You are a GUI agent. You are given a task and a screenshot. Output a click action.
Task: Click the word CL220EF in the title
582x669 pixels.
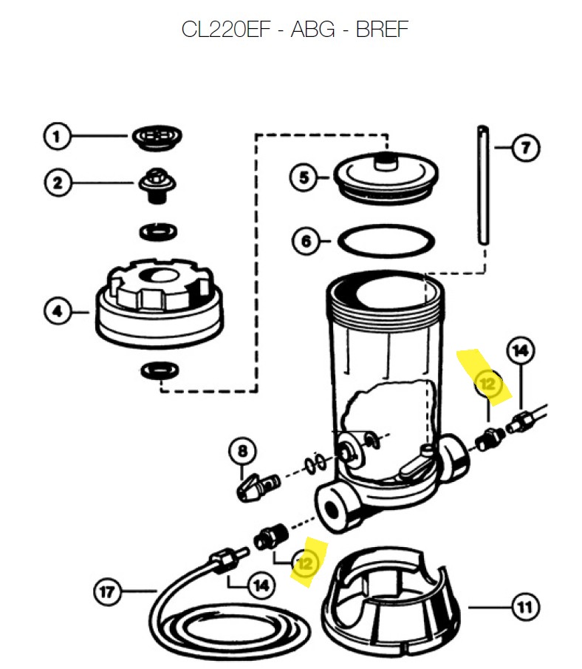tap(226, 30)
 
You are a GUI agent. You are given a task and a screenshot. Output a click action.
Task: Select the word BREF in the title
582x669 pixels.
tap(382, 30)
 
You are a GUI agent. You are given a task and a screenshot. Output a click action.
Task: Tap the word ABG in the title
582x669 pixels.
tap(313, 30)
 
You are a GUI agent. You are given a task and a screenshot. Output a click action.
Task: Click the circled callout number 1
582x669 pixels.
tap(56, 137)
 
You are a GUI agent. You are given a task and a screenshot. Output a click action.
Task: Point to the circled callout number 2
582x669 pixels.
tap(58, 183)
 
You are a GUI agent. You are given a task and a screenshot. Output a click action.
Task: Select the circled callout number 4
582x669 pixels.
tap(57, 311)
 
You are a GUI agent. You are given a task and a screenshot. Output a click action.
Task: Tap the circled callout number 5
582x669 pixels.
tap(303, 177)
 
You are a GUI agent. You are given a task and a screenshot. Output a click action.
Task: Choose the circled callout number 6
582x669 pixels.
tap(306, 241)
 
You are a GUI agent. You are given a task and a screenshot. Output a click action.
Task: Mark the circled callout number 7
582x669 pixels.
tap(526, 148)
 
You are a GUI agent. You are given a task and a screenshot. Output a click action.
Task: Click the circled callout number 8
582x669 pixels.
tap(242, 452)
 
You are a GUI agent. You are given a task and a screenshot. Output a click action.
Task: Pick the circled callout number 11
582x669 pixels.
tap(525, 607)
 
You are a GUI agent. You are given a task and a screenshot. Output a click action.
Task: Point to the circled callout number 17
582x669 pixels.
tap(107, 592)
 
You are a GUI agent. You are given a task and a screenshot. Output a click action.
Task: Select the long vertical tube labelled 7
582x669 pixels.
tap(483, 185)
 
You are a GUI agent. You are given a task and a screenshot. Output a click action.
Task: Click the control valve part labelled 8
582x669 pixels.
tap(258, 487)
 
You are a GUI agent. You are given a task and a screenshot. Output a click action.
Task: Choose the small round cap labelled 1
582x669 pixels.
tap(157, 137)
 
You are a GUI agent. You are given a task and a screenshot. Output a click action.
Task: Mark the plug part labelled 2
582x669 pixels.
tap(157, 186)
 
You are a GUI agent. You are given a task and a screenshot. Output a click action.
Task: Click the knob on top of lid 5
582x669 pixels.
tap(386, 160)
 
